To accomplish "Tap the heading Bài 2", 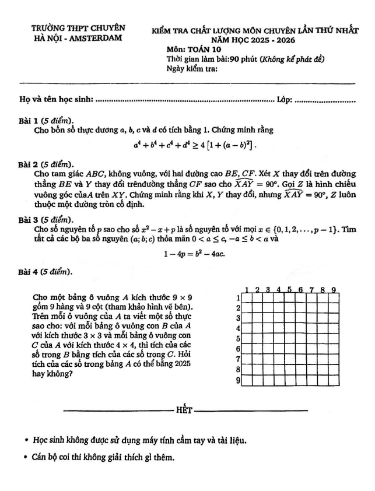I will click(x=31, y=164).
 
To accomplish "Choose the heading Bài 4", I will click(x=31, y=272).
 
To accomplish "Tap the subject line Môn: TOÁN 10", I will click(x=190, y=50).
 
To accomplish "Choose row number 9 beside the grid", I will click(x=238, y=381).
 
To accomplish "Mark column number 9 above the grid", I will click(x=334, y=289).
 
